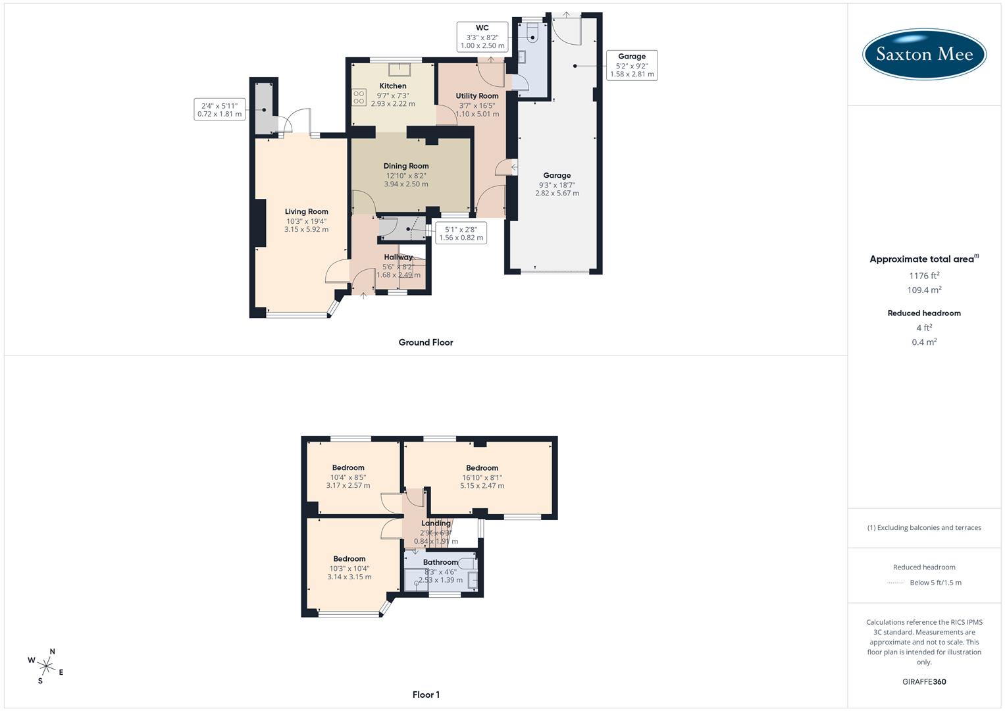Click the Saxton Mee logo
coord(923,54)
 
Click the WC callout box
coord(482,37)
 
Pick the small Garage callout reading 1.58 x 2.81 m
coord(632,65)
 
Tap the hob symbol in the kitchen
coord(359,97)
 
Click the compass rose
coord(47,666)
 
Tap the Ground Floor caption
coord(426,342)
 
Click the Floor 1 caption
coord(426,695)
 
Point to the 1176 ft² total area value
coord(924,276)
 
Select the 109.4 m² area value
coord(924,290)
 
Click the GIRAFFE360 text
coord(924,682)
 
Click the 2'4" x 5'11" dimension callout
coord(219,109)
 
